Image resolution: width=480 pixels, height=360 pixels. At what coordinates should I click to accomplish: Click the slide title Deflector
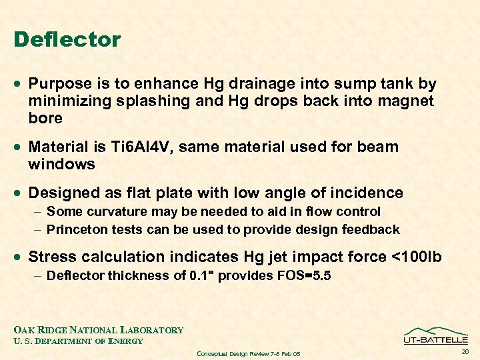pyautogui.click(x=67, y=39)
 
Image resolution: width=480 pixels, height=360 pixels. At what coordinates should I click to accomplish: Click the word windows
pyautogui.click(x=62, y=164)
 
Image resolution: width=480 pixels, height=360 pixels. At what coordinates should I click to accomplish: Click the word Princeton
pyautogui.click(x=80, y=230)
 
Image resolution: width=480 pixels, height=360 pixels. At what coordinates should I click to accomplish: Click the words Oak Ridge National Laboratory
pyautogui.click(x=99, y=330)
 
